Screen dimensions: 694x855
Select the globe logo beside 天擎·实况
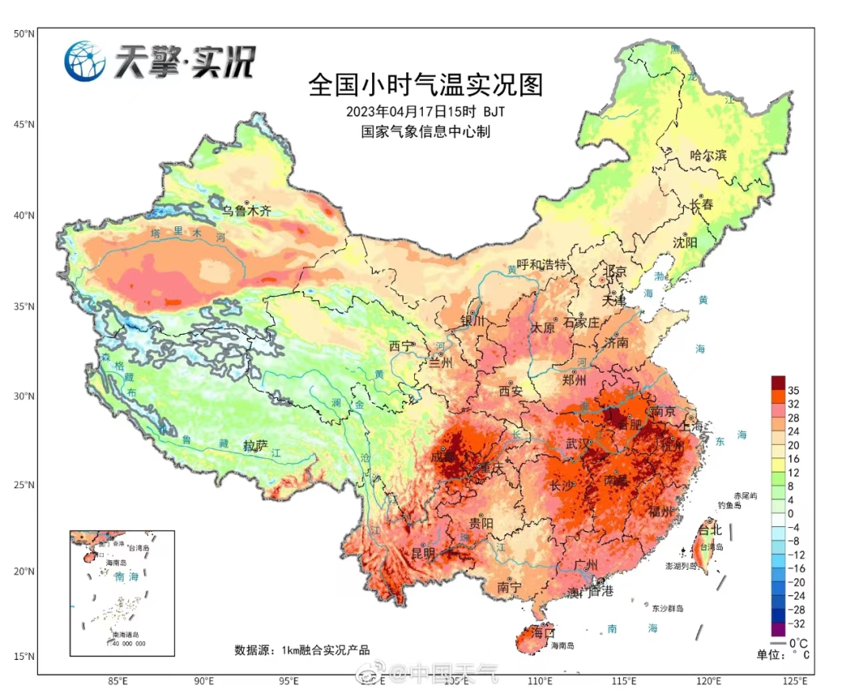tap(85, 61)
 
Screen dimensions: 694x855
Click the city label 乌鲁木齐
tap(245, 211)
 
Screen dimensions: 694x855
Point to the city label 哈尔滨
tap(708, 156)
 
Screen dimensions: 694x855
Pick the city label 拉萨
tap(256, 446)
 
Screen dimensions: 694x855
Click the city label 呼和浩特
tap(542, 264)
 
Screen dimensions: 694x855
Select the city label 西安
tap(511, 390)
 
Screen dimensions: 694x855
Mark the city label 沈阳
tap(685, 242)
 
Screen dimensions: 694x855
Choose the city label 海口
tap(543, 633)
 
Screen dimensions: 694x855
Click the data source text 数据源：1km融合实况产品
tap(302, 650)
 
